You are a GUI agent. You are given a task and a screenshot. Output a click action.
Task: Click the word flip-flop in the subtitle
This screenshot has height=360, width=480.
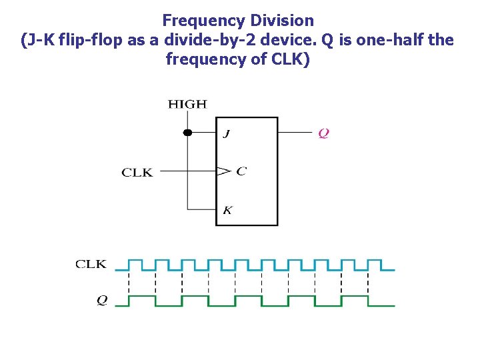click(94, 40)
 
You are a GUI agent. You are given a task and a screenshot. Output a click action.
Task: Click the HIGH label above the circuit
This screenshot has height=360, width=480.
click(187, 104)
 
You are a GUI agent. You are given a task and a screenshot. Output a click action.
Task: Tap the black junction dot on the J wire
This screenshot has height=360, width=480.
click(187, 133)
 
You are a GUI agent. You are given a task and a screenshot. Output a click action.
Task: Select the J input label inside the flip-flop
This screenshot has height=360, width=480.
click(227, 133)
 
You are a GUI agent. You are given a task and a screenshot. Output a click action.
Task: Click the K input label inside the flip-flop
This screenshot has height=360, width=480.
click(227, 211)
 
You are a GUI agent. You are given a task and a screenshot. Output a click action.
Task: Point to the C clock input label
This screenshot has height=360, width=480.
click(241, 171)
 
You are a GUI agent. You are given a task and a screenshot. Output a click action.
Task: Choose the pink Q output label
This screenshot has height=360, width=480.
click(323, 133)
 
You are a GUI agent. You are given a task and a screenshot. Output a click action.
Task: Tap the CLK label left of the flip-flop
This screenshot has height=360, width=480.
click(137, 173)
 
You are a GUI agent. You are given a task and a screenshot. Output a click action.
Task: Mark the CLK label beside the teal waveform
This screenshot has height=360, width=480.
click(91, 264)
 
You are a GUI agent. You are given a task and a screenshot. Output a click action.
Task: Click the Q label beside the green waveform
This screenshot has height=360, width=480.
click(101, 301)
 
